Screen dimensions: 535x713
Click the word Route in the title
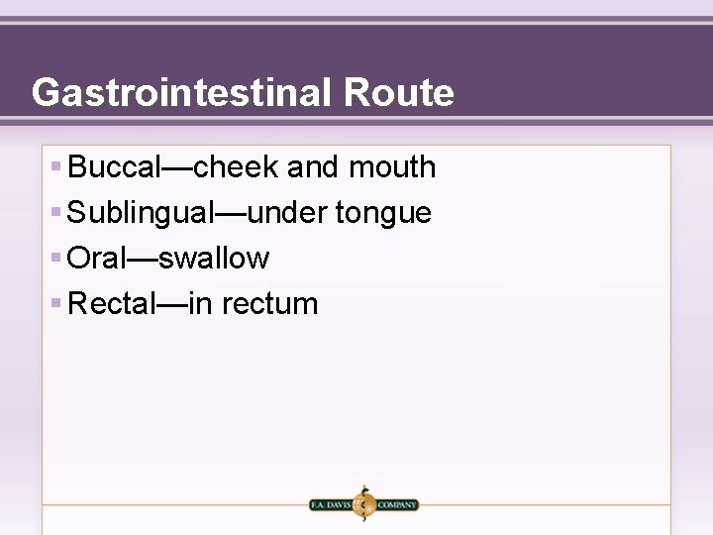coord(399,93)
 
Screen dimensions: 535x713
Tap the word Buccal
coord(114,167)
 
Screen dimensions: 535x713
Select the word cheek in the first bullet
coord(236,167)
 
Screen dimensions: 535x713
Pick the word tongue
coord(384,213)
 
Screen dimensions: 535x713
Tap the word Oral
coord(97,259)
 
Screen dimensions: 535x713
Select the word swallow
coord(214,259)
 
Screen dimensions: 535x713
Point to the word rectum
coord(270,305)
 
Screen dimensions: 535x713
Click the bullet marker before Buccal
coord(56,166)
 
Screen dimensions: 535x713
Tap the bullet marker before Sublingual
coord(56,212)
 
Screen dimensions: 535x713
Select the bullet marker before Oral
coord(56,258)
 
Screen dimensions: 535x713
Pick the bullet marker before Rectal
coord(56,303)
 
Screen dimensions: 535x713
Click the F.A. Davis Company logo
coord(363,504)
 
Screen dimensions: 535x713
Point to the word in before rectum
coord(200,304)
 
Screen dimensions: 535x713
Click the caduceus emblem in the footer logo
coord(363,503)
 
